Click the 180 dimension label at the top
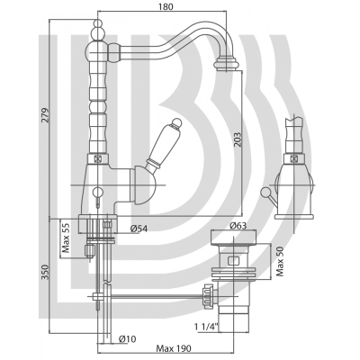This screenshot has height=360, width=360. (x=166, y=6)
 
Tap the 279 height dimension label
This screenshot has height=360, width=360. (x=45, y=115)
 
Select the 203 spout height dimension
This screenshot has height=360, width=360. (x=238, y=139)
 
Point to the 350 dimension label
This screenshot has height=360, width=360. (x=45, y=272)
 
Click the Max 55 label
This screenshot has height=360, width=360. (x=66, y=238)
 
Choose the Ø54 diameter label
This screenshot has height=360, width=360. (x=139, y=229)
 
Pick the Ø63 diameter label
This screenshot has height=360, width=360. (x=238, y=226)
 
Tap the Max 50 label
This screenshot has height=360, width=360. (x=281, y=263)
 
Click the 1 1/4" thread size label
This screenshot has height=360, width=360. (x=207, y=326)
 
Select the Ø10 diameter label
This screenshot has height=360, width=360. (x=127, y=339)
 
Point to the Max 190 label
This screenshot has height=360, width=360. (x=174, y=348)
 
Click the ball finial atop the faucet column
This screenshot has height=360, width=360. (x=97, y=23)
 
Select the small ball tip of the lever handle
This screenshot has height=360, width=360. (x=178, y=122)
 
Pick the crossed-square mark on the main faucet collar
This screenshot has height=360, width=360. (x=97, y=158)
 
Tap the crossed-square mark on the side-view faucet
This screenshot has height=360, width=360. (x=293, y=158)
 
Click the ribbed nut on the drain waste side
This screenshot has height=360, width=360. (x=208, y=294)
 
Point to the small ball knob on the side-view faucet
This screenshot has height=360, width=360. (x=265, y=192)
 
